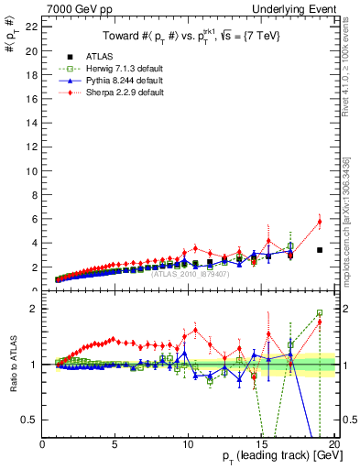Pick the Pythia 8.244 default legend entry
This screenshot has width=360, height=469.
(113, 81)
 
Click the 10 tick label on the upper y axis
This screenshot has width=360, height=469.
(30, 171)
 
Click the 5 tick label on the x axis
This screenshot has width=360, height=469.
(115, 444)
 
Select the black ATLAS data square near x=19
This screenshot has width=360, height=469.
(320, 250)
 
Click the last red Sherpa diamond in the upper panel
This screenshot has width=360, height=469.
(320, 221)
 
